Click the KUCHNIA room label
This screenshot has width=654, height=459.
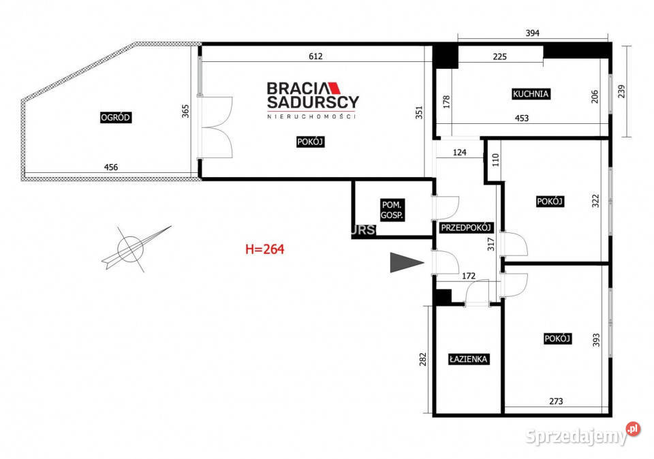click(531, 94)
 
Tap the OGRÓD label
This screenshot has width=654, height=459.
click(116, 118)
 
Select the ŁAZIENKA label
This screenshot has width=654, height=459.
click(469, 359)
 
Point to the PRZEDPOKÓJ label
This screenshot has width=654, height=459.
click(466, 227)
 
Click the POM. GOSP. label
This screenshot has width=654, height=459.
click(392, 210)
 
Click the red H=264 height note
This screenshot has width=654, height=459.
click(265, 249)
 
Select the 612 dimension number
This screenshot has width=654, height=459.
click(315, 57)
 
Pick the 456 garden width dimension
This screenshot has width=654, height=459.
click(111, 167)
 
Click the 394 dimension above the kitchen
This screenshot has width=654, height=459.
click(533, 33)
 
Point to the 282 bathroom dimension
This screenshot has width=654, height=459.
click(423, 360)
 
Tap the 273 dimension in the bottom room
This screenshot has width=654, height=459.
click(556, 401)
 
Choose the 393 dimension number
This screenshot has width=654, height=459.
click(597, 340)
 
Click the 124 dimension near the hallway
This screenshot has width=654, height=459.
click(460, 153)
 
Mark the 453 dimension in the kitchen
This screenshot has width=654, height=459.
click(522, 118)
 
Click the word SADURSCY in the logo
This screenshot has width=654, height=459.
click(313, 102)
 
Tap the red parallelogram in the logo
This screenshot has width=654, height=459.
click(334, 88)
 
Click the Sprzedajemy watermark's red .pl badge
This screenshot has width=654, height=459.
click(633, 428)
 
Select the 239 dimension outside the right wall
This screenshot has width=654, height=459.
click(621, 91)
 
